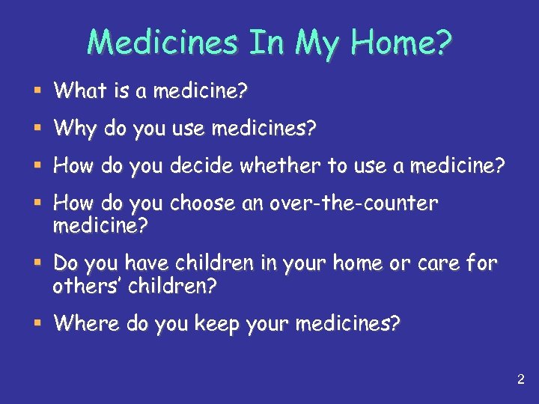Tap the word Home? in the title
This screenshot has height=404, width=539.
click(x=405, y=43)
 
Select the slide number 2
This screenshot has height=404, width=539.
click(x=520, y=380)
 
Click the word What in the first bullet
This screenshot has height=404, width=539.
click(x=81, y=91)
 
